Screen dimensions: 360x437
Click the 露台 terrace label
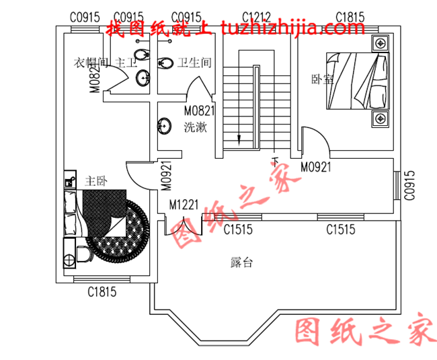click(x=241, y=263)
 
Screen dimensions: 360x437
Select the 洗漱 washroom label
click(x=195, y=127)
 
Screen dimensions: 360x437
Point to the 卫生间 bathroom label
click(x=194, y=63)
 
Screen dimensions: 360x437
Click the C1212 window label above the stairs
click(x=256, y=16)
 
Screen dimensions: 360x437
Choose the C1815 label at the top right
click(x=350, y=16)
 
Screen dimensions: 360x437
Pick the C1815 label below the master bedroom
click(x=102, y=292)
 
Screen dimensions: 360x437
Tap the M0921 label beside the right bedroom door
click(x=316, y=167)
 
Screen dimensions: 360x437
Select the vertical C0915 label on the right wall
click(x=409, y=185)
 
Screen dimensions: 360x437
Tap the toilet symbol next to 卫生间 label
click(x=165, y=64)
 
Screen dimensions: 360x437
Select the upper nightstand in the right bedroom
click(x=381, y=44)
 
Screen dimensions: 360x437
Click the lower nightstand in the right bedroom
click(x=381, y=120)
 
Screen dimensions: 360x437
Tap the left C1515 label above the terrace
click(x=238, y=230)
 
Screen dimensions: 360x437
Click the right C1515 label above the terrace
click(x=341, y=230)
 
